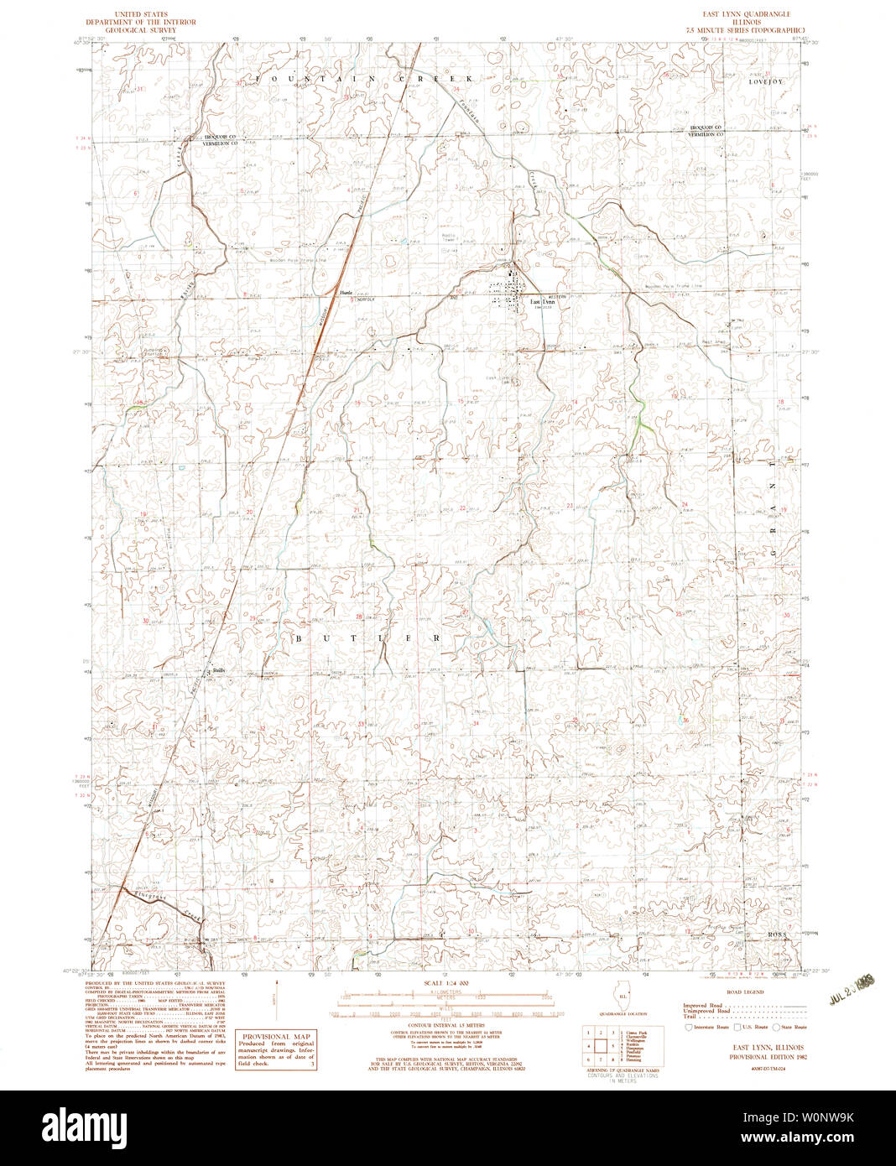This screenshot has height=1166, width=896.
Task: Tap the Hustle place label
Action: pos(345,291)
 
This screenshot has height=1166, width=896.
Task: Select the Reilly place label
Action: pos(218,670)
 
